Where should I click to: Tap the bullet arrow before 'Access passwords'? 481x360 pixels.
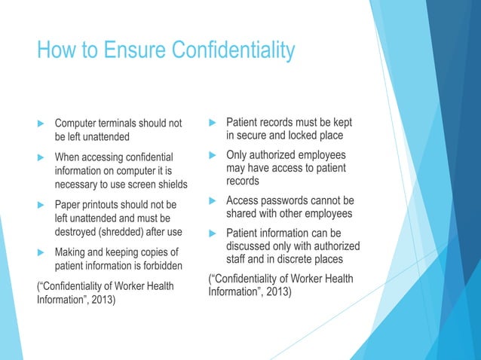[x=213, y=200]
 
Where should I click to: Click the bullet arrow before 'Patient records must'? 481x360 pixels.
[x=213, y=122]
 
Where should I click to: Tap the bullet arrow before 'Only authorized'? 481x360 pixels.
[x=213, y=154]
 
